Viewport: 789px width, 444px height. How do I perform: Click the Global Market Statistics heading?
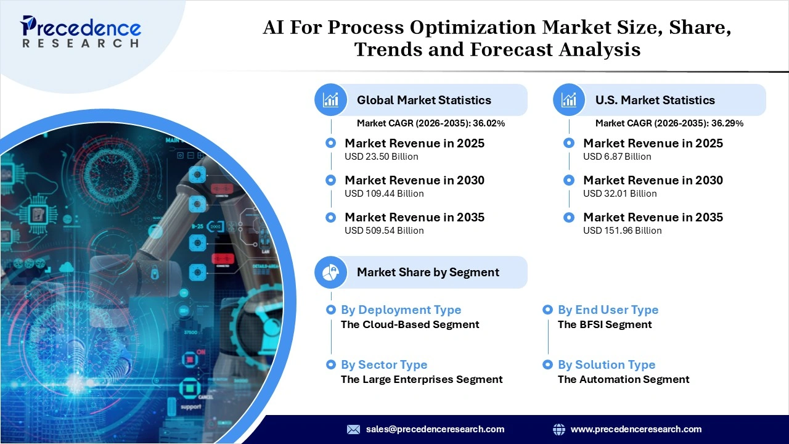pyautogui.click(x=424, y=100)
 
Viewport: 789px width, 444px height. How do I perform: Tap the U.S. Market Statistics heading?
pyautogui.click(x=655, y=100)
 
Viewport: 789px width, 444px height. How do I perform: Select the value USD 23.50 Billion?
pyautogui.click(x=382, y=157)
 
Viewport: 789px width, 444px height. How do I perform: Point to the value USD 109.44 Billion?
pyautogui.click(x=384, y=194)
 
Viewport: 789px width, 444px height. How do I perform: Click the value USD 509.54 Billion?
pyautogui.click(x=384, y=231)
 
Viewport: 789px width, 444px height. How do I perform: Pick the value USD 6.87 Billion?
pyautogui.click(x=617, y=157)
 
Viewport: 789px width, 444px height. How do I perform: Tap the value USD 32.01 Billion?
pyautogui.click(x=620, y=194)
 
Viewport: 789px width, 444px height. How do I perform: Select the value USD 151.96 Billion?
pyautogui.click(x=623, y=231)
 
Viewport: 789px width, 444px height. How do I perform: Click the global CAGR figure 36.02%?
pyautogui.click(x=489, y=123)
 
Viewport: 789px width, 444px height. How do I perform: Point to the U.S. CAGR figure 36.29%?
pyautogui.click(x=727, y=123)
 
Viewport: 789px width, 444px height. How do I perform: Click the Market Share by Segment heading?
pyautogui.click(x=428, y=272)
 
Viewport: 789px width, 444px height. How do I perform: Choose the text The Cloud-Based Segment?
pyautogui.click(x=410, y=324)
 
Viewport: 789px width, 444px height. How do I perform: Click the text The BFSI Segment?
pyautogui.click(x=605, y=324)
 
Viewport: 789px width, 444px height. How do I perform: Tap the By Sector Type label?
pyautogui.click(x=384, y=364)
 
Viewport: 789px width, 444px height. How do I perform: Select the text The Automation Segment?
pyautogui.click(x=623, y=379)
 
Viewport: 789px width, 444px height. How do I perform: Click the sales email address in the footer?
pyautogui.click(x=435, y=429)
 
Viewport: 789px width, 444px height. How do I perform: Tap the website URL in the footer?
pyautogui.click(x=636, y=429)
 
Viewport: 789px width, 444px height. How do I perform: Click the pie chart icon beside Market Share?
pyautogui.click(x=331, y=272)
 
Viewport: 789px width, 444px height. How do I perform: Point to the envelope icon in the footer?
pyautogui.click(x=353, y=429)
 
